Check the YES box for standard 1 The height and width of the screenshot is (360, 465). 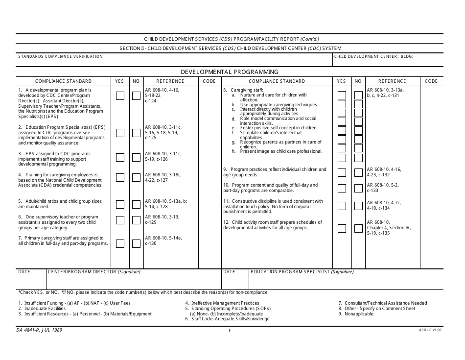point(120,96)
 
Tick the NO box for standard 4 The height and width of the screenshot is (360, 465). point(136,177)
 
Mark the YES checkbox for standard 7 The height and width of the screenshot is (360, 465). point(120,243)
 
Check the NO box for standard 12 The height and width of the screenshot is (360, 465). point(358,228)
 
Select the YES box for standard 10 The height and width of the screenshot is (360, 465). point(342,189)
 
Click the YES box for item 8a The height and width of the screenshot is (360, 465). point(342,95)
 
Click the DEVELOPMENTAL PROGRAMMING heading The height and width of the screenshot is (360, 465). point(230,72)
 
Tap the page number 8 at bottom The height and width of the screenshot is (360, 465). point(229,331)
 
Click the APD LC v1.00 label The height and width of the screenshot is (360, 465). point(430,331)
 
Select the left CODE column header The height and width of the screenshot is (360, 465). point(209,81)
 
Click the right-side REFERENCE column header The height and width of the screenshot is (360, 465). point(392,81)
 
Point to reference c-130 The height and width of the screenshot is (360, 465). point(151,243)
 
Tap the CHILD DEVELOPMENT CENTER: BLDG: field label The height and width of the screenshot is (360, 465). point(373,57)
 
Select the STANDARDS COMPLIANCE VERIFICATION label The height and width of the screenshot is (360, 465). point(61,57)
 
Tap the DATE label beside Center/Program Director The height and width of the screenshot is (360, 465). point(24,272)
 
